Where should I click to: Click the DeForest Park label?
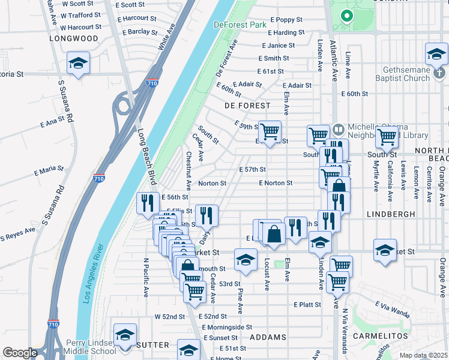click(240, 25)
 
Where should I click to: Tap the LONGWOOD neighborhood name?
click(73, 38)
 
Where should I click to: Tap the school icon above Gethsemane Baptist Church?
click(436, 54)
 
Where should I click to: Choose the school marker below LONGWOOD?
click(78, 64)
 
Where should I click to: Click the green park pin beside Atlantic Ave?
click(346, 16)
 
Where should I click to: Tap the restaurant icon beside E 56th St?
click(145, 203)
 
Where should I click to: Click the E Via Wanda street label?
click(393, 308)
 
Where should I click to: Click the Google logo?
click(20, 353)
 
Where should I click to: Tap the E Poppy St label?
click(286, 20)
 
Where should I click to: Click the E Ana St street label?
click(52, 122)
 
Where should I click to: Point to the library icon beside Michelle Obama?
click(339, 129)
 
